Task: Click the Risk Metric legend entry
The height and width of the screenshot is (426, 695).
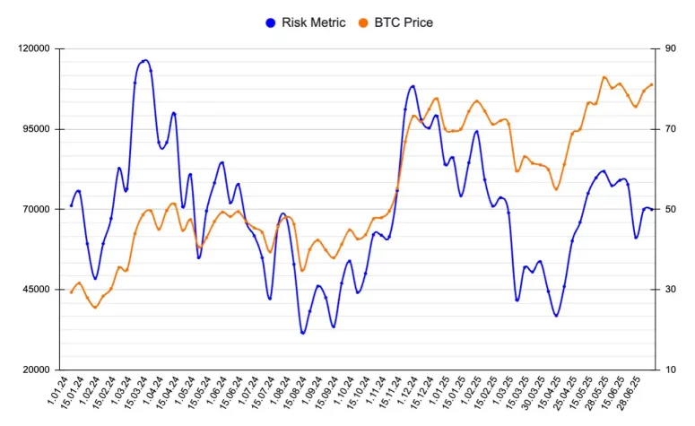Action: [313, 22]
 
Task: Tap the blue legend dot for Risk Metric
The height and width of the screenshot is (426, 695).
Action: [271, 22]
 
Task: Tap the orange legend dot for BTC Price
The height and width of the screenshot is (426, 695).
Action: [362, 22]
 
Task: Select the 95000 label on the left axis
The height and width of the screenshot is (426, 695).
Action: [38, 129]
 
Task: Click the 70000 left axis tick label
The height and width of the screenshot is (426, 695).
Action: [38, 209]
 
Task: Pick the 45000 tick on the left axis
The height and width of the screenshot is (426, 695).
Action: [38, 290]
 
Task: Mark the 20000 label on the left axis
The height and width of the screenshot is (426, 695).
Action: [38, 369]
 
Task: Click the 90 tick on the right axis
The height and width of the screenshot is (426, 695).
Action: [670, 48]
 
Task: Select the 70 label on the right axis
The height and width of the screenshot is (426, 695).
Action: [670, 129]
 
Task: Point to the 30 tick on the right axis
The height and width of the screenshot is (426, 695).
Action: [670, 290]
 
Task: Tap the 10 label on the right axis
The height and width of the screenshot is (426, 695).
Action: [670, 369]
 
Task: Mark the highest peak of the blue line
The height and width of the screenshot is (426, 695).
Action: [145, 60]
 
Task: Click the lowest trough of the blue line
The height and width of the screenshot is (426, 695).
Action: [303, 333]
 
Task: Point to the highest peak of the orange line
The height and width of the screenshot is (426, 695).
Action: [604, 77]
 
